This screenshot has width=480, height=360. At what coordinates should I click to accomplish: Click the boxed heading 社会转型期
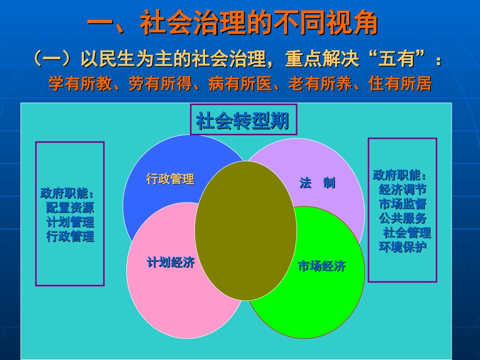[243, 121]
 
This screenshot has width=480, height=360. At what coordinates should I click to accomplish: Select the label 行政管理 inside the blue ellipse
[170, 179]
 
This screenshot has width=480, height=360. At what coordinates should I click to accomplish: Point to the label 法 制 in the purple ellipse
[317, 183]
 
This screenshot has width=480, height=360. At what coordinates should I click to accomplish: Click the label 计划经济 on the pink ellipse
[170, 263]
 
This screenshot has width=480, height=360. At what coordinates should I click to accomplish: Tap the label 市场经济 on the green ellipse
[321, 267]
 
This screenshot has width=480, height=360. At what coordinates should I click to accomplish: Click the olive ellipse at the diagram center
[246, 231]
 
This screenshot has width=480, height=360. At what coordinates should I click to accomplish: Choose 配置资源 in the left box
[70, 208]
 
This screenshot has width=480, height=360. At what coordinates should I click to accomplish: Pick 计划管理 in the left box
[70, 222]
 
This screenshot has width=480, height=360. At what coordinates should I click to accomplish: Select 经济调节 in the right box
[402, 190]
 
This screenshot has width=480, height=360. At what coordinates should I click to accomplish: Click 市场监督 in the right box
[402, 204]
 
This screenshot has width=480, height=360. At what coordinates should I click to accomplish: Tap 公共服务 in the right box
[402, 219]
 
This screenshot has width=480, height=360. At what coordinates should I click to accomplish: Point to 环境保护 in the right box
[402, 247]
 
